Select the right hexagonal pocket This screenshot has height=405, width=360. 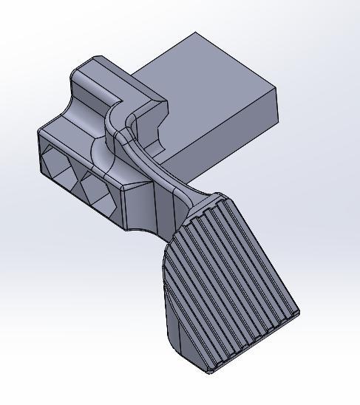point(96,189)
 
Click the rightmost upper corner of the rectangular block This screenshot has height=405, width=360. point(276,88)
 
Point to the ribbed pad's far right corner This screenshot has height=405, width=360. point(299,313)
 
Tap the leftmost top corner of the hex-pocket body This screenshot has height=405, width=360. point(39,132)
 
